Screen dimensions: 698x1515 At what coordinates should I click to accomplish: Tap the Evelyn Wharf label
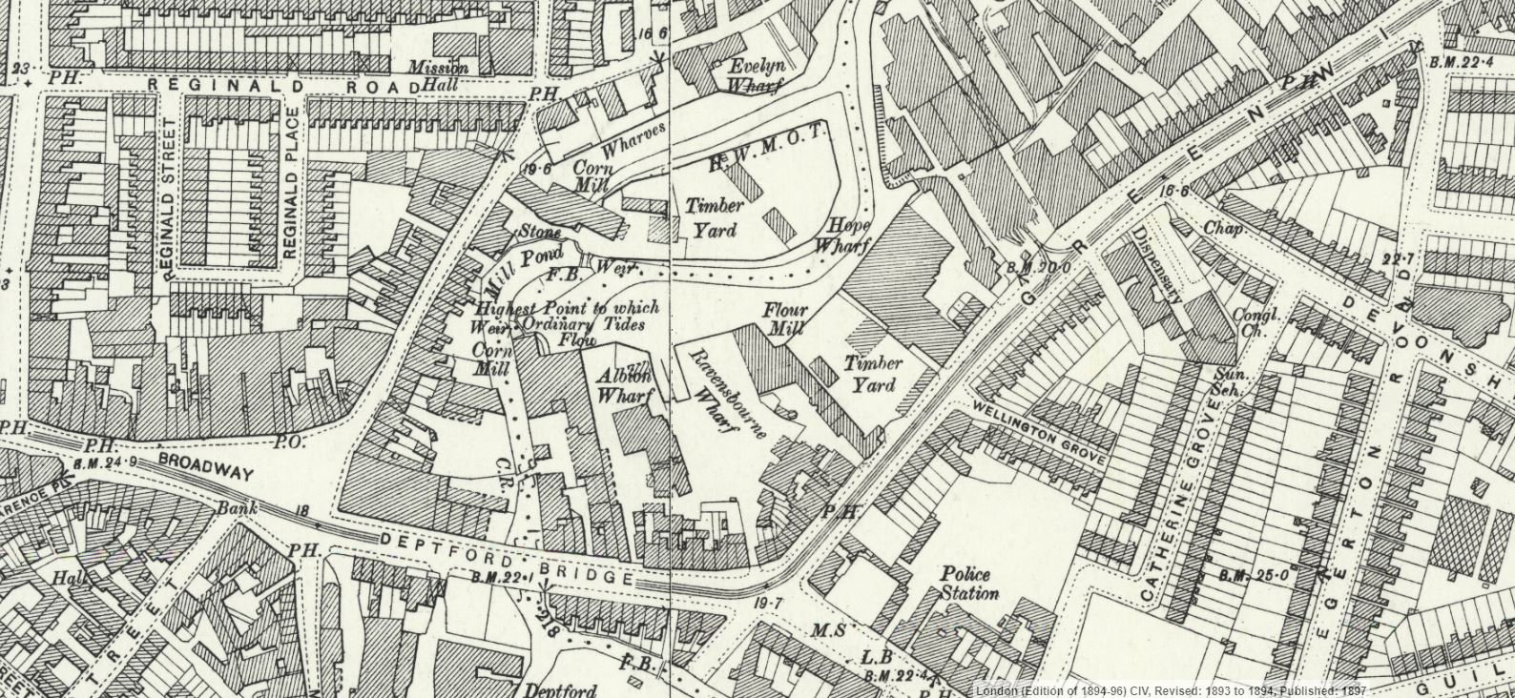coord(755,74)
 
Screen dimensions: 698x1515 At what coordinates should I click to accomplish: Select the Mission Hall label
coord(439,75)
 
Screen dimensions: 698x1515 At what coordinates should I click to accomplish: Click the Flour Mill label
coord(784,319)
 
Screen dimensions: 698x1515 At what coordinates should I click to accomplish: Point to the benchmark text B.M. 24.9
coord(104,462)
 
